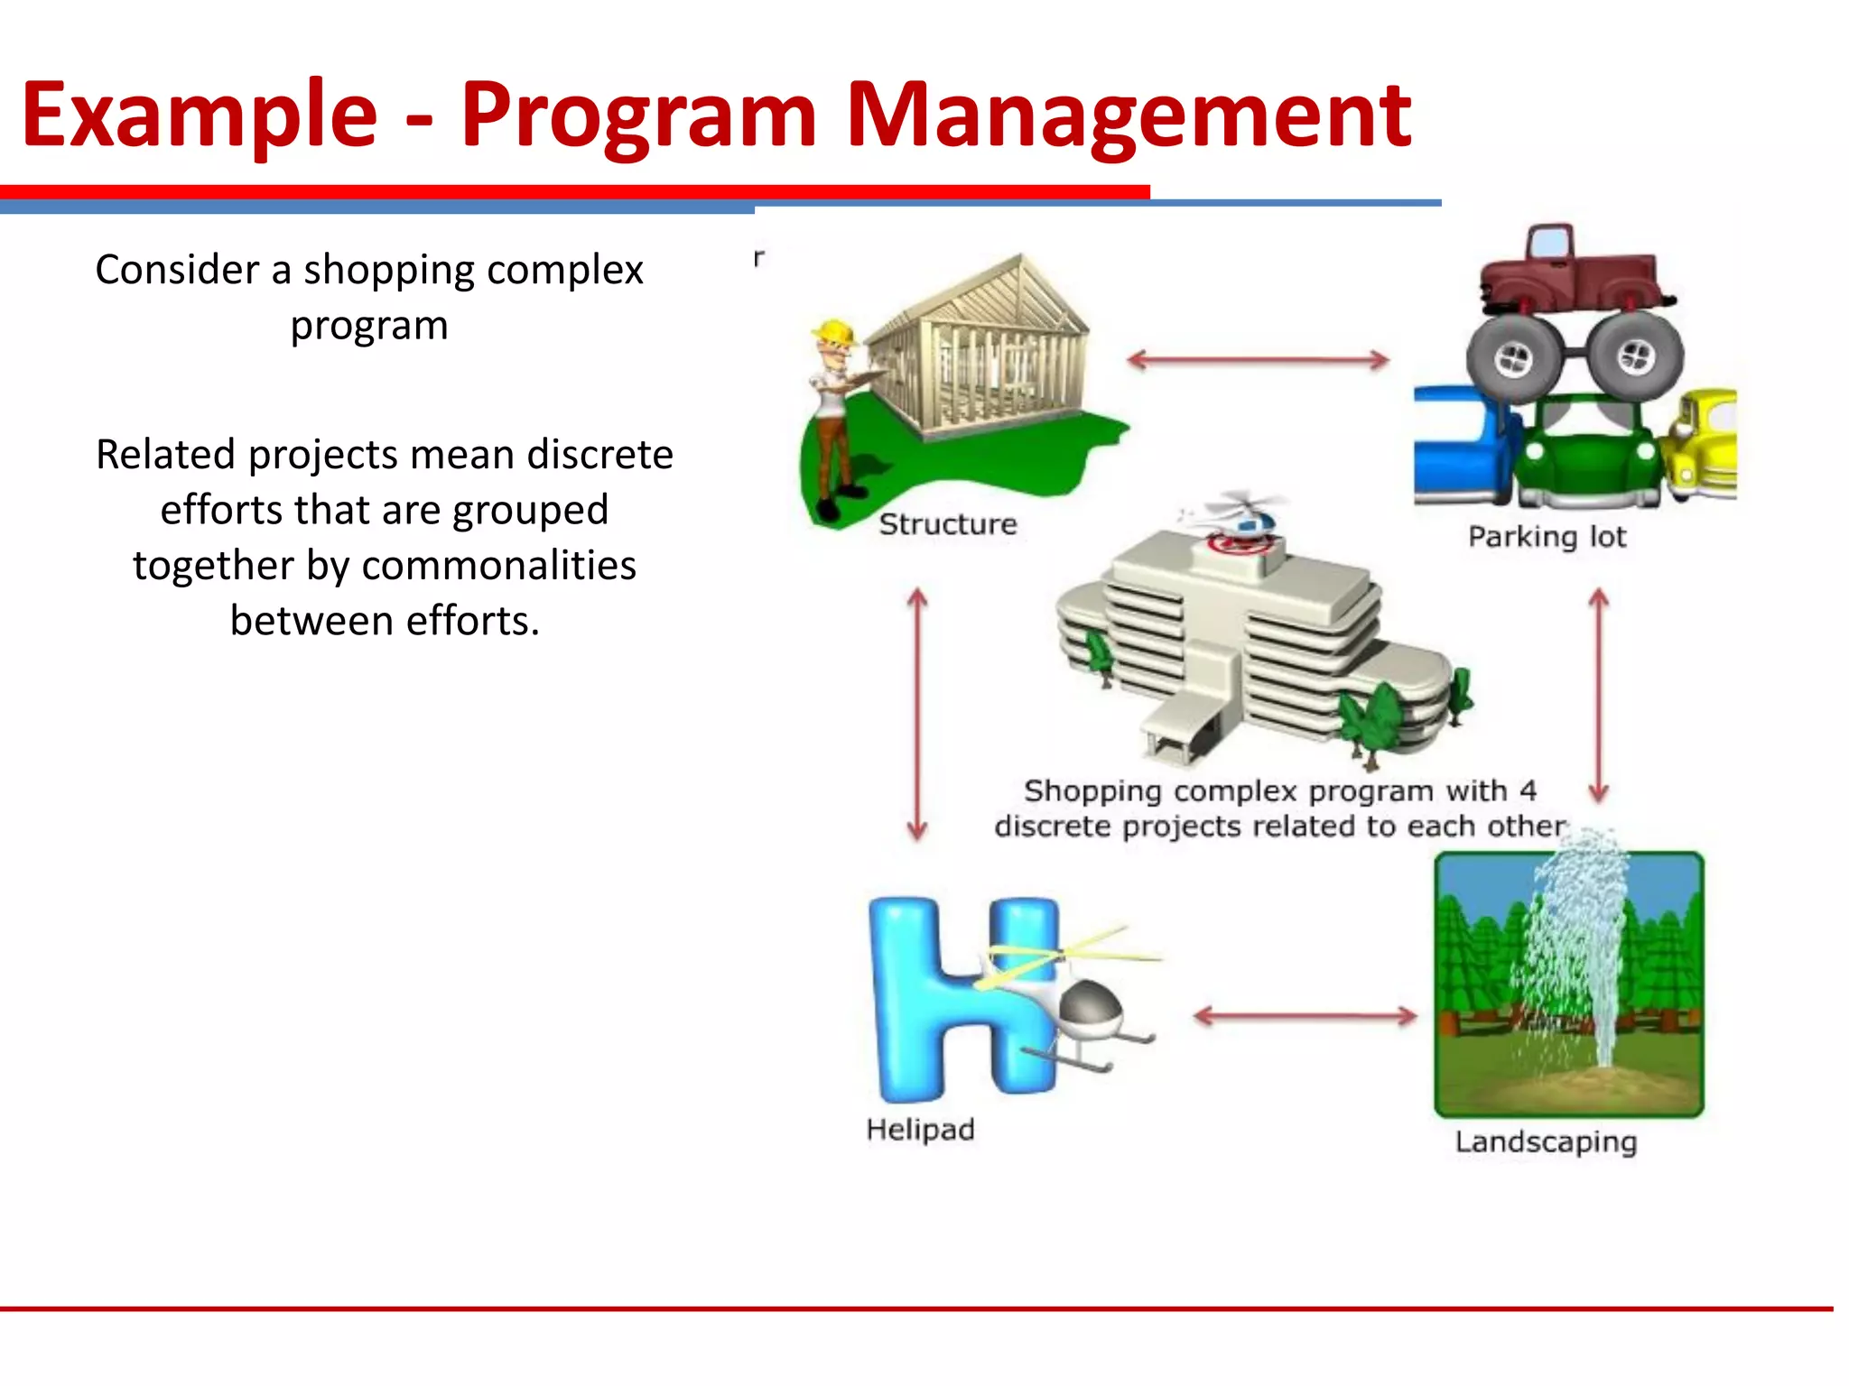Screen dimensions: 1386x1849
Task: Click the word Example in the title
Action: click(x=199, y=115)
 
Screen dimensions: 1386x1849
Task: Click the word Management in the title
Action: click(x=1128, y=115)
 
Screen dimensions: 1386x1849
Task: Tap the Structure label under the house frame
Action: click(x=947, y=524)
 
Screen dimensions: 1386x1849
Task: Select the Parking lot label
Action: click(x=1547, y=537)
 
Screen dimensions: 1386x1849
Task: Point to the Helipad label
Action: click(x=920, y=1130)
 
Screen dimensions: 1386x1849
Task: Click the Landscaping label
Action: click(x=1546, y=1142)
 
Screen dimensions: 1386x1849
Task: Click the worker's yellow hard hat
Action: click(x=836, y=333)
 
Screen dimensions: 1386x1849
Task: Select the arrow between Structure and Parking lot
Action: click(x=1258, y=361)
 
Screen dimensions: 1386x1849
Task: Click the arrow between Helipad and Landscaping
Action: click(x=1305, y=1017)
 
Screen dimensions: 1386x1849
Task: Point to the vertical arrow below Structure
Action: click(x=917, y=713)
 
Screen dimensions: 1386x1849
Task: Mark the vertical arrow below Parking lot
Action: click(x=1599, y=695)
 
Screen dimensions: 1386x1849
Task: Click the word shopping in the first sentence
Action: click(x=387, y=270)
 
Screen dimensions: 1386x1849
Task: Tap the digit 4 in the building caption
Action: click(x=1527, y=791)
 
